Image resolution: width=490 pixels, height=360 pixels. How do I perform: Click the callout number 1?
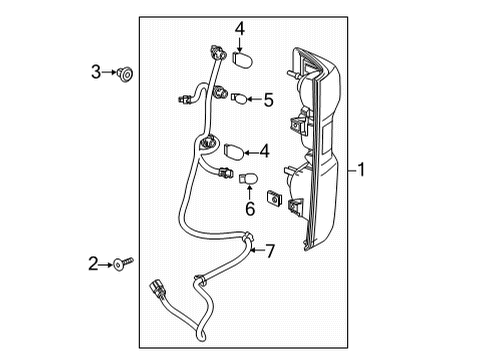[x=361, y=170]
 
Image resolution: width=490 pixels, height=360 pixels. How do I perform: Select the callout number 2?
[x=93, y=264]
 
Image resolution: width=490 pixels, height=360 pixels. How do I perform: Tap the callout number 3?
[x=96, y=72]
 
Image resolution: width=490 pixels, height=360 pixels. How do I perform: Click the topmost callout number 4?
[x=239, y=29]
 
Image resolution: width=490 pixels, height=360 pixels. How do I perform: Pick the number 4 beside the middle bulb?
[x=264, y=151]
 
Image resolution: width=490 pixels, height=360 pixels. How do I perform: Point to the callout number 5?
[x=269, y=100]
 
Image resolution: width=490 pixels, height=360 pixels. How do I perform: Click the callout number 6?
[x=250, y=209]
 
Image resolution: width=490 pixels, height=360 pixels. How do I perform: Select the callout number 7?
[x=270, y=251]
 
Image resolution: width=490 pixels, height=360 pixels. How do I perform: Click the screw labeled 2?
[x=123, y=264]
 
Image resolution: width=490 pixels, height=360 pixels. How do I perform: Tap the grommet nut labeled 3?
[x=125, y=74]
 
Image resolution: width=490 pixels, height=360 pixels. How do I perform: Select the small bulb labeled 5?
[x=239, y=98]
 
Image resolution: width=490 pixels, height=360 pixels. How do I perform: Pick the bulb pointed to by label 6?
[x=248, y=178]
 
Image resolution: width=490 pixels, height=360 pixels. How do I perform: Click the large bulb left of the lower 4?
[x=234, y=151]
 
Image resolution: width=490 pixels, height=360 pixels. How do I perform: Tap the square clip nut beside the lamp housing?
[x=274, y=198]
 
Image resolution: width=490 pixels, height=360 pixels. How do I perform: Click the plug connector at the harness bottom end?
[x=157, y=288]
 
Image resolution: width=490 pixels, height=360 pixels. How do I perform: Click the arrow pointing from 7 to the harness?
[x=257, y=250]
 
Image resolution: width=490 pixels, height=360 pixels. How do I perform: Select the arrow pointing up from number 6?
[x=250, y=193]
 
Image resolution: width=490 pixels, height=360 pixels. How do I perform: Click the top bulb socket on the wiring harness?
[x=216, y=53]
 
